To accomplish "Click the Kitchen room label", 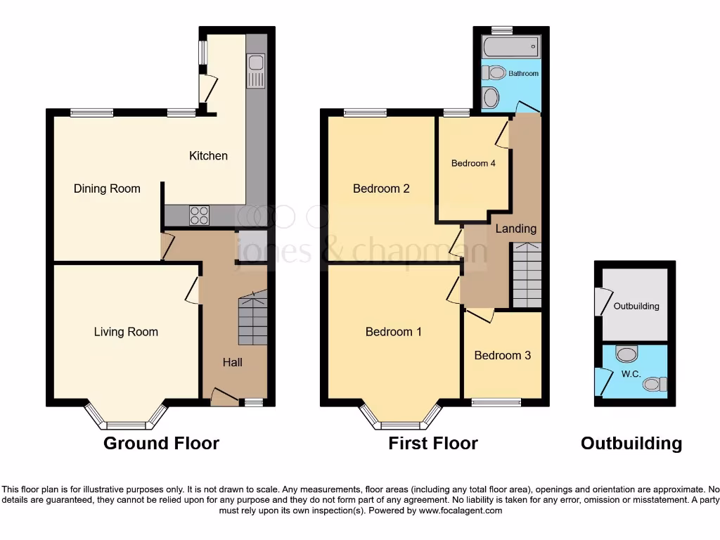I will (208, 155).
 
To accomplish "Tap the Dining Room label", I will (107, 188).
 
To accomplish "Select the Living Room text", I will (126, 332).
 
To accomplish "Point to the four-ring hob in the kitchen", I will (199, 214).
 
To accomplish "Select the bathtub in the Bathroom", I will (510, 49).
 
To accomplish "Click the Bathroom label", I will (523, 73).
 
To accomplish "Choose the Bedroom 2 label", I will (381, 188).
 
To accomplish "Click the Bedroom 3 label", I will (502, 355).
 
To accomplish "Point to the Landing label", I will (516, 229).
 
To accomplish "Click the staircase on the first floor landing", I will (526, 275).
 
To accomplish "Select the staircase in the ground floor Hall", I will (252, 319).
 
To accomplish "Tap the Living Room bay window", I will (127, 424).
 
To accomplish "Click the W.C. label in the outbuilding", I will (631, 374).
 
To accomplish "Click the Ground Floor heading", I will (161, 444).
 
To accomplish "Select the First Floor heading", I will (432, 444).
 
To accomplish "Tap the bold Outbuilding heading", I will (631, 444).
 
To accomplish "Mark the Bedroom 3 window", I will (496, 402).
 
